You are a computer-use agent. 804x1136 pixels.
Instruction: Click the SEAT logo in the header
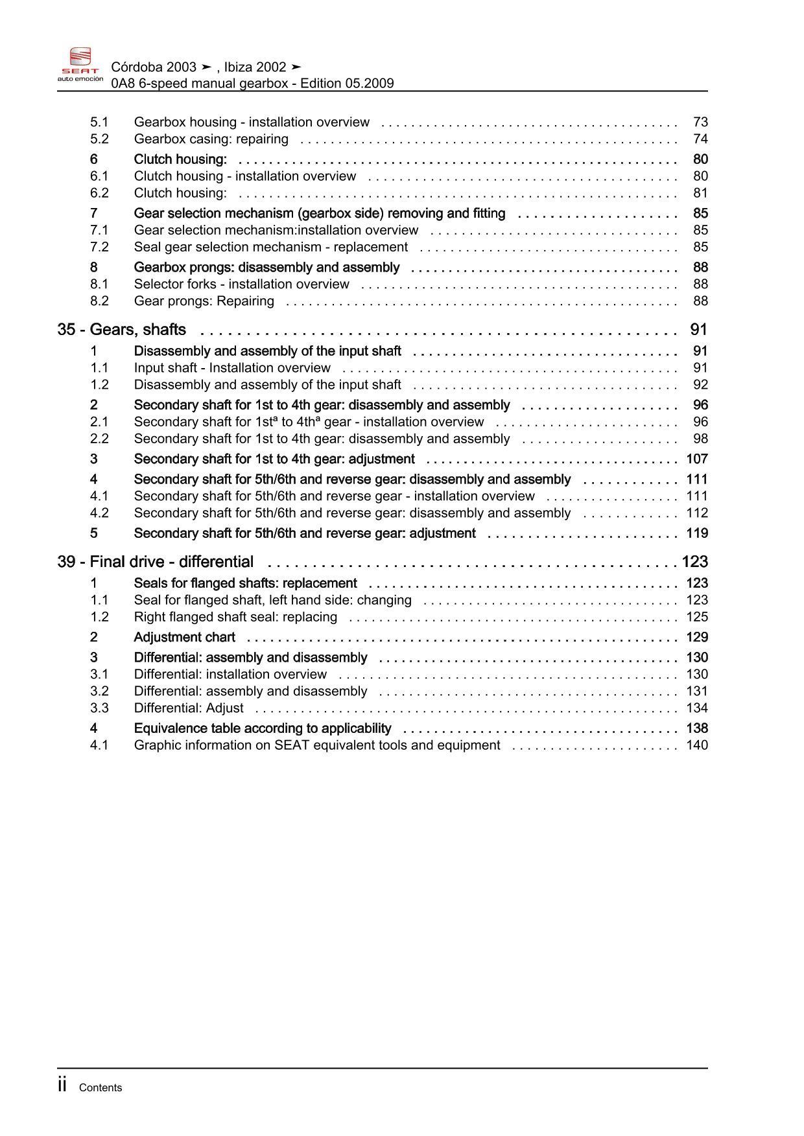coord(80,64)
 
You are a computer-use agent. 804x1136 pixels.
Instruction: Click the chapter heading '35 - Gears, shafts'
coord(122,330)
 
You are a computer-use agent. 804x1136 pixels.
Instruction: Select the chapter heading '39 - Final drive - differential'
coord(156,562)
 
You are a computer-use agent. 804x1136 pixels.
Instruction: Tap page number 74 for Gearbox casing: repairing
coord(700,139)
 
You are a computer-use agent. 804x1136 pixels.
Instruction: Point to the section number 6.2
coord(99,192)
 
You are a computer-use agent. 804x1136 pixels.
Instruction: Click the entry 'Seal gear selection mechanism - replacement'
coord(270,247)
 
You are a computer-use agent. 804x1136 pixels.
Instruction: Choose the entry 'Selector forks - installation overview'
coord(241,284)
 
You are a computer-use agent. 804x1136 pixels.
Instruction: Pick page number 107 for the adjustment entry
coord(697,459)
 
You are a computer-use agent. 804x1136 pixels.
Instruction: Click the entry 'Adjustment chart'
coord(184,637)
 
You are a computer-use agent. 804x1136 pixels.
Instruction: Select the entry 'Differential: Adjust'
coord(189,708)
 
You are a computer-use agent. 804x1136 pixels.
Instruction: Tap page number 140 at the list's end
coord(697,745)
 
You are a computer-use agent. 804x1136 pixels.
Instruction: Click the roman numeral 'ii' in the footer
coord(62,1085)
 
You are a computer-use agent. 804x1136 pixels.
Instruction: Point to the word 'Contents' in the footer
coord(100,1087)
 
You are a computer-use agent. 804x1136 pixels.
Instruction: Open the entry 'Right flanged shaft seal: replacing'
coord(235,617)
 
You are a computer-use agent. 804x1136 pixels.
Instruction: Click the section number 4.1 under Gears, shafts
coord(99,496)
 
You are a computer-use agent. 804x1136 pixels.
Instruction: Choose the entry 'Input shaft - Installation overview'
coord(232,367)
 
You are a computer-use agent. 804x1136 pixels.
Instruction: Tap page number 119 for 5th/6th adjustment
coord(697,533)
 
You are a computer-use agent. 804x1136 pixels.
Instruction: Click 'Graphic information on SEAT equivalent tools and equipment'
coord(317,745)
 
